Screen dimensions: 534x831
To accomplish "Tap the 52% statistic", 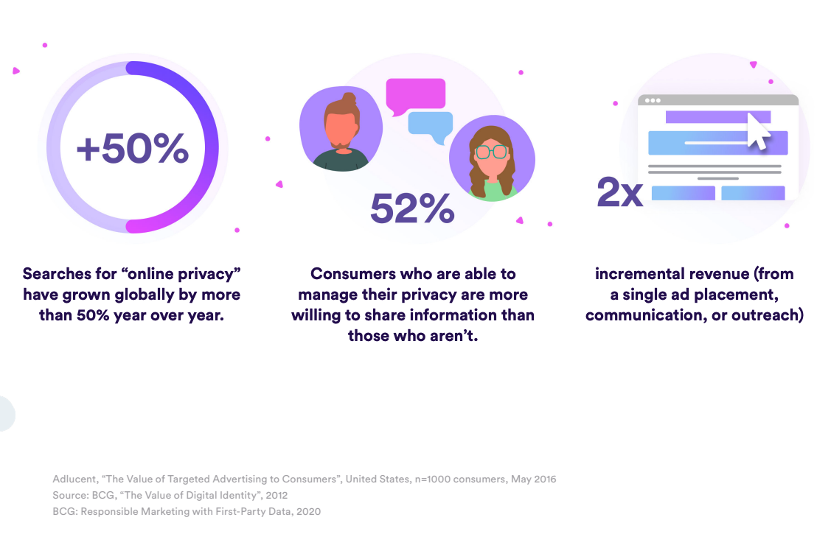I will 412,208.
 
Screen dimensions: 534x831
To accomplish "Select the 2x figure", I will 619,193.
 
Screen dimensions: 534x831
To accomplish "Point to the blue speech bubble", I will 431,125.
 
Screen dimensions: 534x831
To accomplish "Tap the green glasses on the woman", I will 491,152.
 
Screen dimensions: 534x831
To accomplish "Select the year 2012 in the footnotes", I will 275,495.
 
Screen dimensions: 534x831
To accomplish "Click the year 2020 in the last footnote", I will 307,511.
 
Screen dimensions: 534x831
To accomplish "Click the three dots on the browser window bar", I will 653,100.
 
